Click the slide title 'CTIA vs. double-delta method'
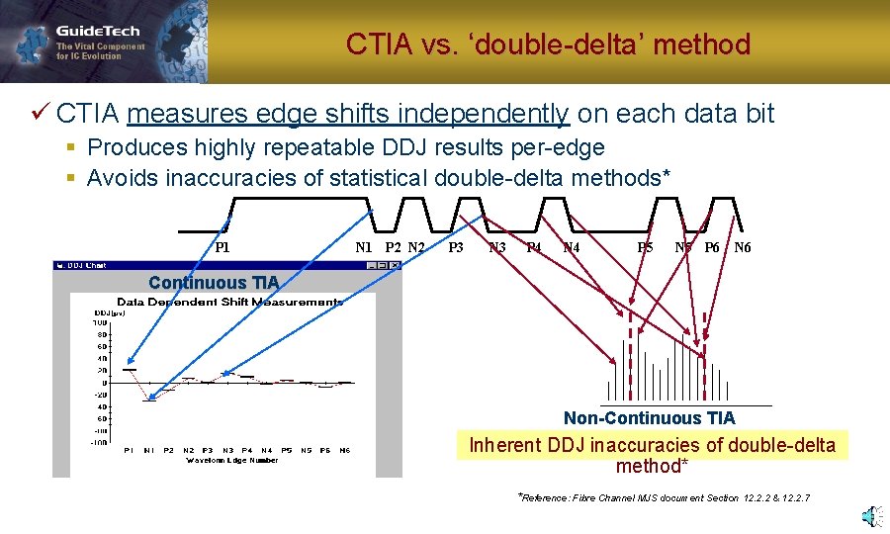(548, 44)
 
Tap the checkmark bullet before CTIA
(40, 114)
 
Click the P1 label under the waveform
(222, 247)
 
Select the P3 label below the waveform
(456, 247)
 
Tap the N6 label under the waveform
(742, 247)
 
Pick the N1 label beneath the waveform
(363, 247)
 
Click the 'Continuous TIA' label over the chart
(214, 283)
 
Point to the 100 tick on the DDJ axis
(100, 322)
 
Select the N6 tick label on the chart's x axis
(344, 450)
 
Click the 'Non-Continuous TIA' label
(649, 418)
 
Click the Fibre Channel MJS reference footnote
(665, 497)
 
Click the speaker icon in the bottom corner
(869, 516)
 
